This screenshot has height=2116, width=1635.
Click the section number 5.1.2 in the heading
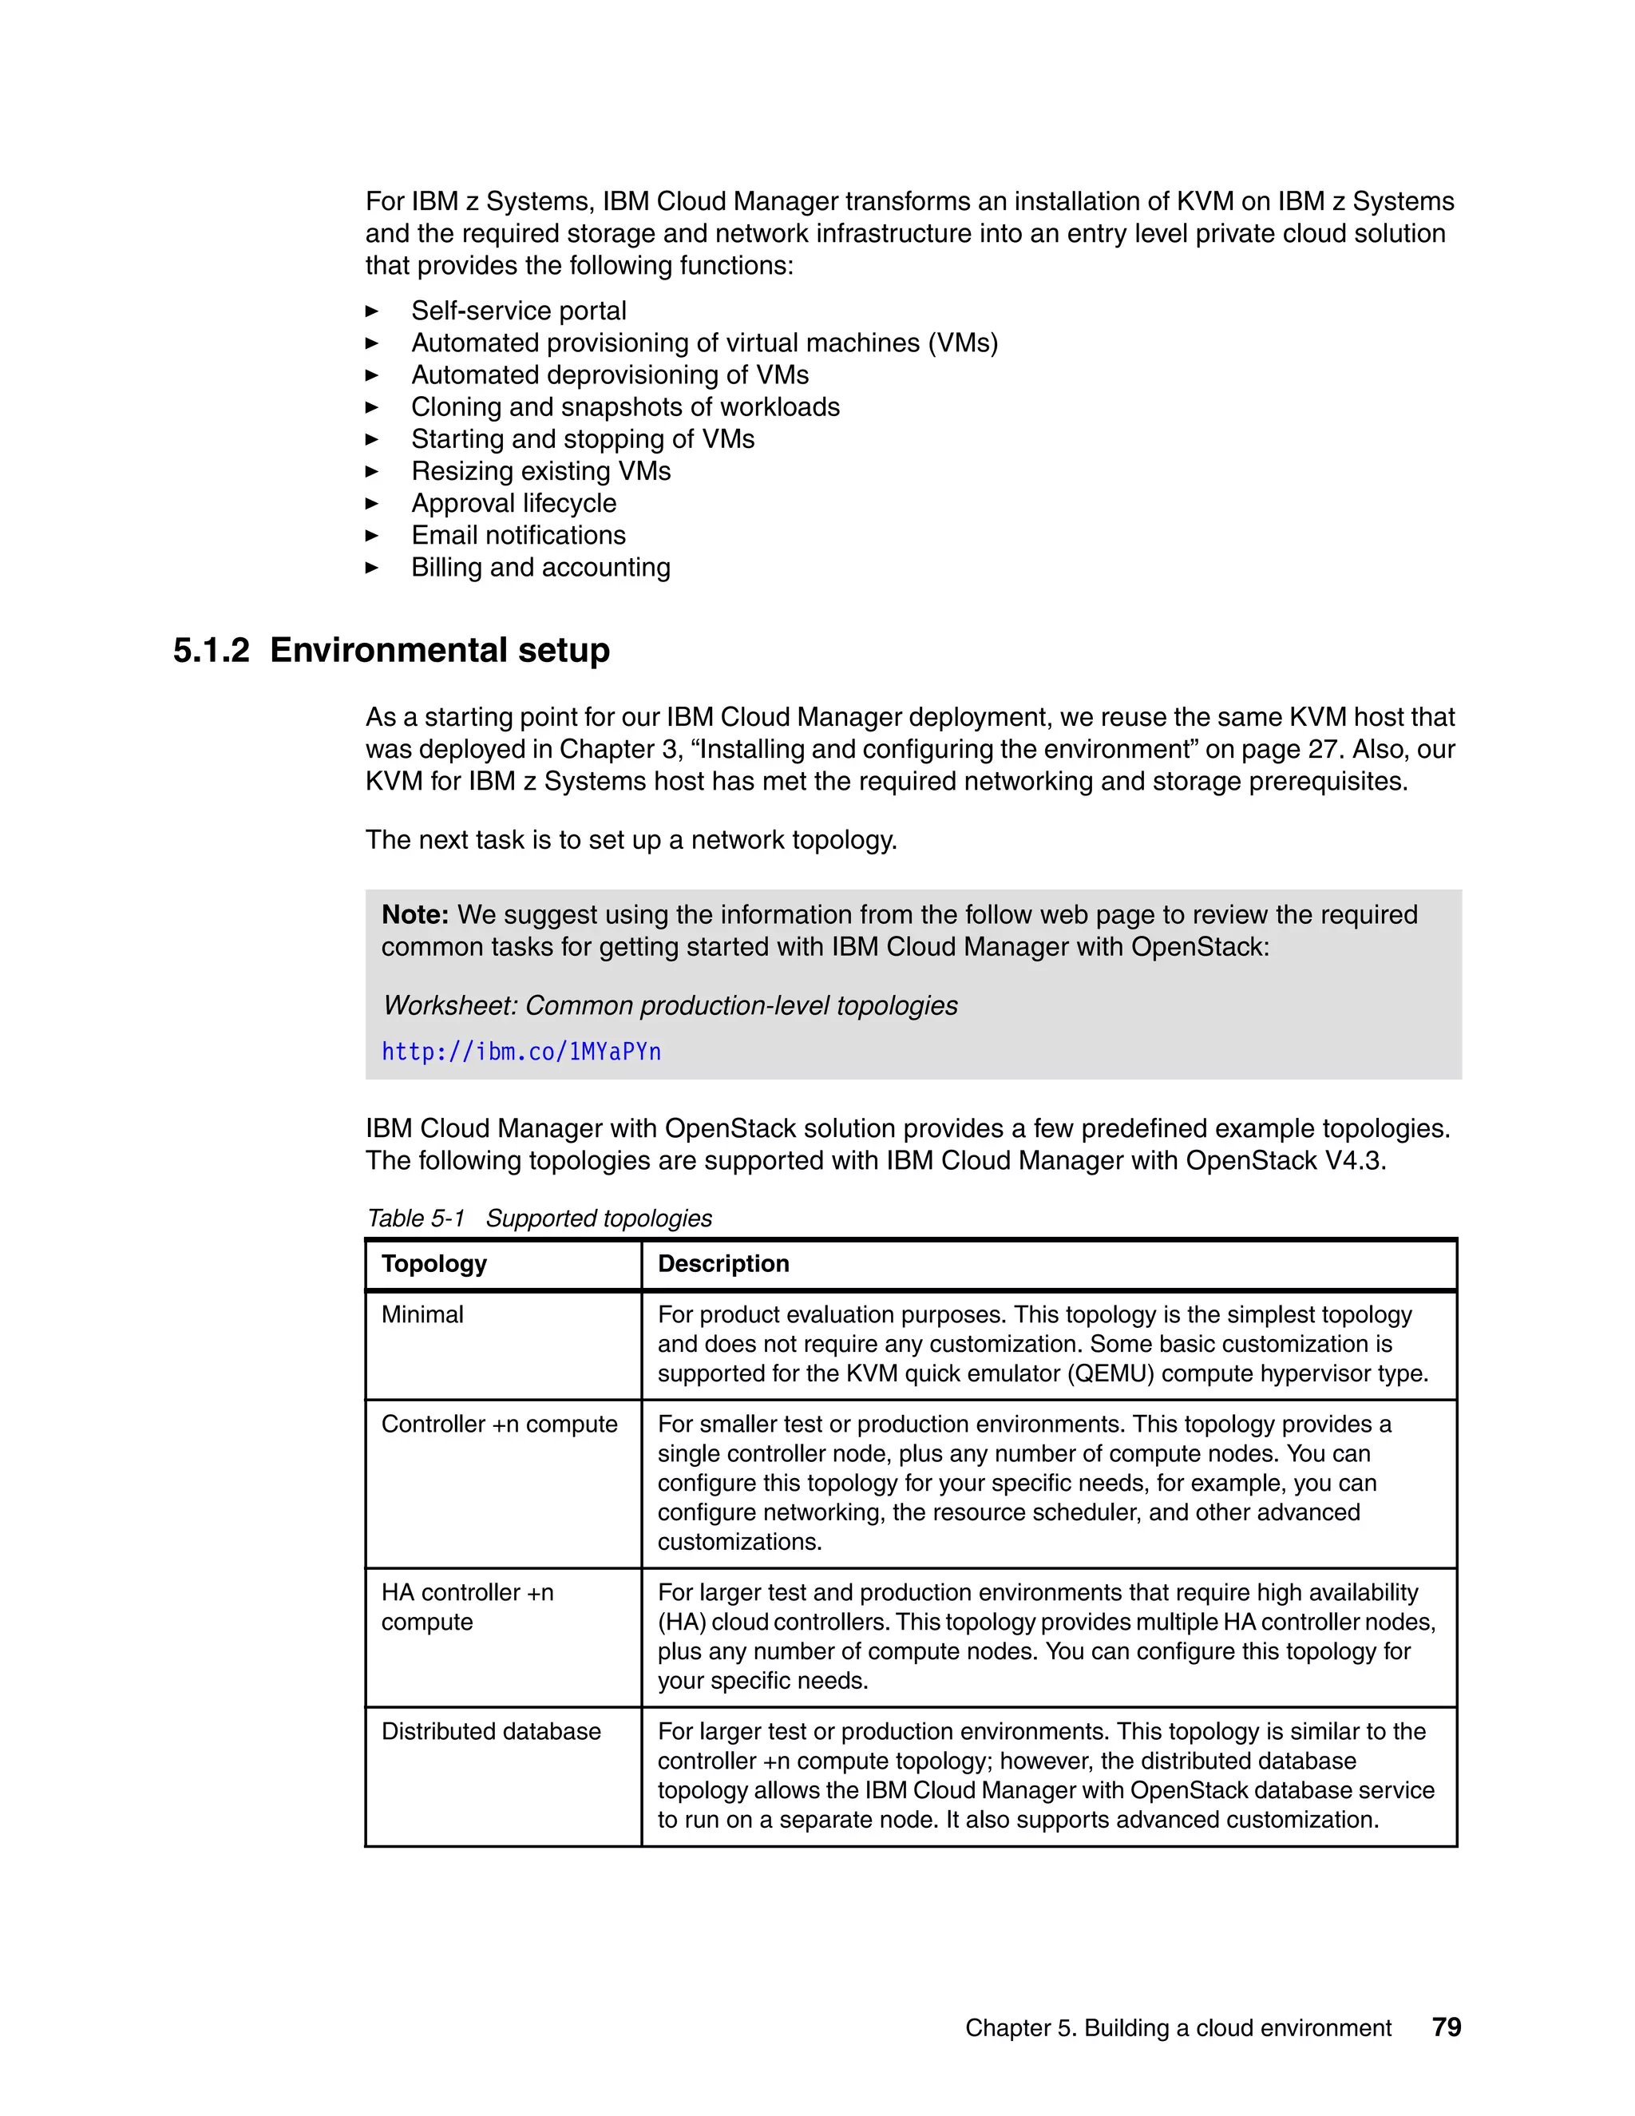(x=211, y=650)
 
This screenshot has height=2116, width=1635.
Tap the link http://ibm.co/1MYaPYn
(x=521, y=1052)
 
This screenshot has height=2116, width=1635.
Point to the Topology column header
(x=434, y=1263)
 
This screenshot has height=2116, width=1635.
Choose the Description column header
(x=723, y=1263)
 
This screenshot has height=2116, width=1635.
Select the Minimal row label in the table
(x=422, y=1315)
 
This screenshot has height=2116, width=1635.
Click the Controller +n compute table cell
(x=499, y=1425)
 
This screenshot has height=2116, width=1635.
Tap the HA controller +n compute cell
(x=467, y=1607)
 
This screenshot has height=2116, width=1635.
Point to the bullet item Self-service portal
(x=518, y=311)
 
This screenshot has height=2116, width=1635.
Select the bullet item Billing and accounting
(x=540, y=568)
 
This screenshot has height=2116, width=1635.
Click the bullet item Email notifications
(x=518, y=536)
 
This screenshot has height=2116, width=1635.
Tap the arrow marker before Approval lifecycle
(x=372, y=504)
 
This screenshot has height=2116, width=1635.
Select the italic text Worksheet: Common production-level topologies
(x=671, y=1005)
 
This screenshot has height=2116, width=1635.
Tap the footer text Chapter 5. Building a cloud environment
(x=1178, y=2028)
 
